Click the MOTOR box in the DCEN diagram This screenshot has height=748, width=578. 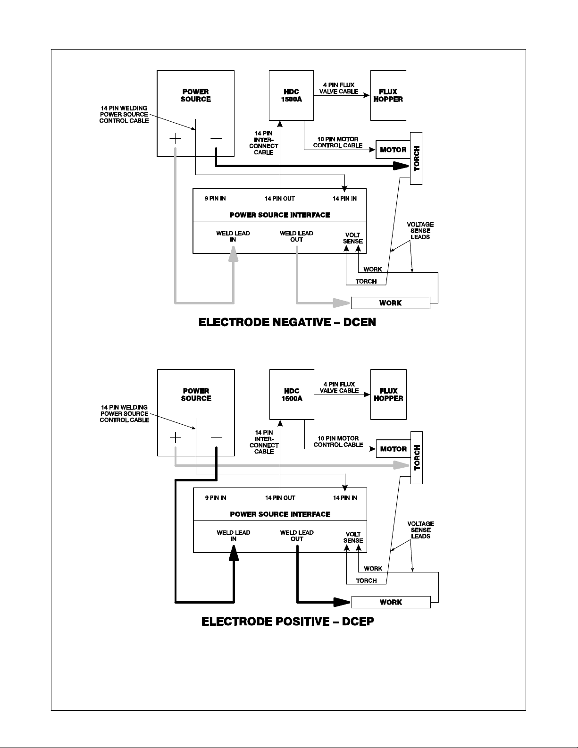(x=393, y=150)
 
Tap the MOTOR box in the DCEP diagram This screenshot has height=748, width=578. (x=393, y=449)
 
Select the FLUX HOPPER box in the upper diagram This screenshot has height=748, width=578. (x=388, y=95)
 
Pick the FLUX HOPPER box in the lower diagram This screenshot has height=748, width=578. (x=388, y=395)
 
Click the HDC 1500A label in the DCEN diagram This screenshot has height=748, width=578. (x=292, y=95)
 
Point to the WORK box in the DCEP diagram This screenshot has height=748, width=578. (x=391, y=602)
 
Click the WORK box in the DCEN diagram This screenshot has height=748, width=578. (x=390, y=303)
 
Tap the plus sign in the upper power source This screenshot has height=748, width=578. (x=175, y=138)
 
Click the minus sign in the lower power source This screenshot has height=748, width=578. (x=217, y=438)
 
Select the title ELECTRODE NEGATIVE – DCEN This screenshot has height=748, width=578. (x=287, y=322)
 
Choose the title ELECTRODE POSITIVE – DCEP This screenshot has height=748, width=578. (x=288, y=622)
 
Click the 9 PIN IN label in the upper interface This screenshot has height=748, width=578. (x=215, y=198)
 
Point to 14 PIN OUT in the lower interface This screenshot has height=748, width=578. (x=280, y=498)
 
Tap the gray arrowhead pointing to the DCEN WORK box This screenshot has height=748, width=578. (x=342, y=303)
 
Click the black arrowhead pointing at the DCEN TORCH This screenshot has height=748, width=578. (x=401, y=166)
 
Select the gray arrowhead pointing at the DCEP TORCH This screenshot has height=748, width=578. (x=402, y=465)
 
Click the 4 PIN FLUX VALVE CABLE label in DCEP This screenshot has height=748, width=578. (x=339, y=387)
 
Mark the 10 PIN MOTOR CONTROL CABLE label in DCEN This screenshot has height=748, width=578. (x=338, y=142)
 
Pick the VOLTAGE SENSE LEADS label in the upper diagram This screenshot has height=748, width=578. (x=420, y=231)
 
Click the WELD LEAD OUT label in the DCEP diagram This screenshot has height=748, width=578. (x=297, y=536)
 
